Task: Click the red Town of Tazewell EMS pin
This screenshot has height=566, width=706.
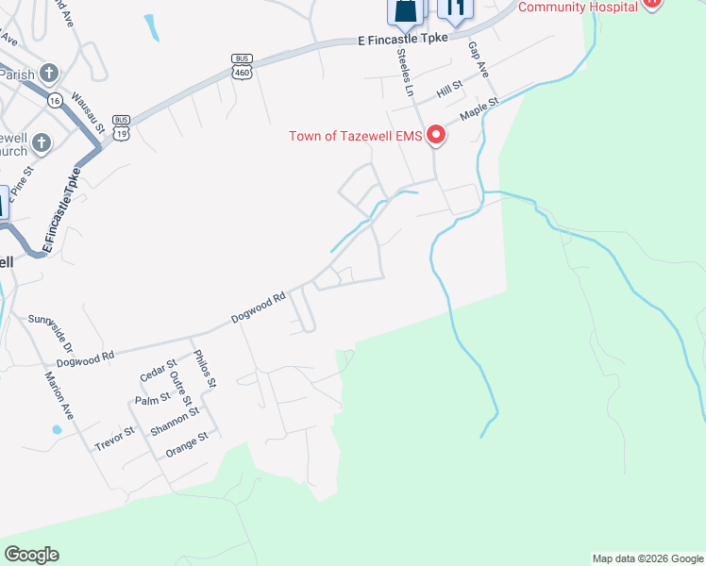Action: pyautogui.click(x=436, y=136)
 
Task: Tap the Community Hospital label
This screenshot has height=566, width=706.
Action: pyautogui.click(x=578, y=7)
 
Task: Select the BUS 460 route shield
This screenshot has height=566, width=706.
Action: pyautogui.click(x=242, y=64)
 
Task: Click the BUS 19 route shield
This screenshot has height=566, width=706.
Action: pyautogui.click(x=121, y=126)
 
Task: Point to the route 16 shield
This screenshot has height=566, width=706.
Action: pyautogui.click(x=55, y=100)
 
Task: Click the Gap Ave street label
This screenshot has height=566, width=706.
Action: pyautogui.click(x=479, y=61)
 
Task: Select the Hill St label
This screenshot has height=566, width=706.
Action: pyautogui.click(x=449, y=91)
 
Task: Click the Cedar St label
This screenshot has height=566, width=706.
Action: pyautogui.click(x=158, y=371)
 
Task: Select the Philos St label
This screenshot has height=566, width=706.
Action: pyautogui.click(x=205, y=369)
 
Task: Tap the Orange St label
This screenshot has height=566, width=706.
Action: pyautogui.click(x=185, y=442)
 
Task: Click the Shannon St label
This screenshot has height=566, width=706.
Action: pyautogui.click(x=175, y=421)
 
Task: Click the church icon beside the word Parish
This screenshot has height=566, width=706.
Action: pyautogui.click(x=48, y=73)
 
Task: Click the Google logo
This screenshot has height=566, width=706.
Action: pyautogui.click(x=31, y=555)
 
